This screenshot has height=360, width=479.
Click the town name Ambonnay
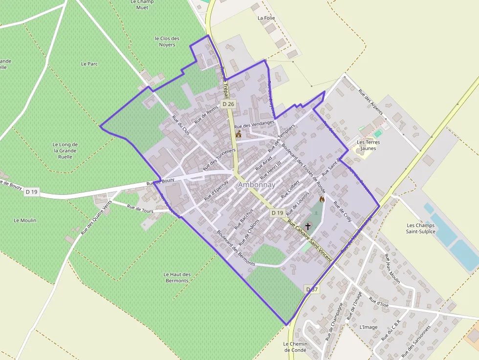click(x=257, y=185)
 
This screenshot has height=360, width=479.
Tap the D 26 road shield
click(x=228, y=104)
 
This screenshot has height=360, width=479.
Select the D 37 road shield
click(x=312, y=290)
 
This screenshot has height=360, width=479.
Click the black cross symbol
click(x=308, y=226)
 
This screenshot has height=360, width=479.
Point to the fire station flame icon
click(x=322, y=199)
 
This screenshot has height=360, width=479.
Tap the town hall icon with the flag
click(x=239, y=134)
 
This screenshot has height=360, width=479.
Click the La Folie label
click(x=266, y=18)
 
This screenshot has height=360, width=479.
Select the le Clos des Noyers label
click(x=167, y=42)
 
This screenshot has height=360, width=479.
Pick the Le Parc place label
click(x=89, y=64)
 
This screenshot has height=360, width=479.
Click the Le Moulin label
click(x=25, y=220)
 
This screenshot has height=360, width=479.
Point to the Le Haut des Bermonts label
click(x=177, y=277)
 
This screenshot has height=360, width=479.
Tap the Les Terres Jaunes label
click(x=369, y=146)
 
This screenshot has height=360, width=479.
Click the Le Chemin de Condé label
click(x=295, y=347)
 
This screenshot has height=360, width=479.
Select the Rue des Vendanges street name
click(x=255, y=126)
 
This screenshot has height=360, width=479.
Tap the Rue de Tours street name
click(x=140, y=209)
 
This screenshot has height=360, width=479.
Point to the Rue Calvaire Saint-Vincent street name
click(x=309, y=241)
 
